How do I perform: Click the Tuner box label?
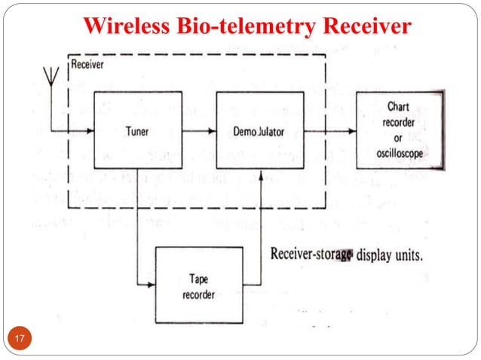136,131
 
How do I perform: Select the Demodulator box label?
260,131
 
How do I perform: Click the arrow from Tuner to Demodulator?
198,130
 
